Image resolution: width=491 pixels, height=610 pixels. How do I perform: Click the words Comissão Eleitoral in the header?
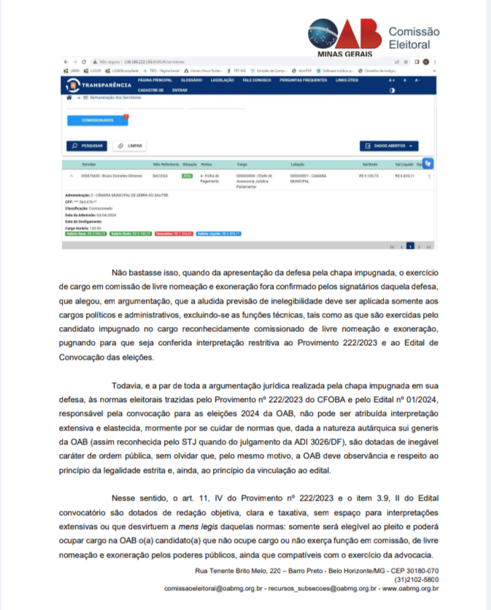(414, 38)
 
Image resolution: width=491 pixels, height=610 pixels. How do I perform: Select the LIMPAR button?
(131, 145)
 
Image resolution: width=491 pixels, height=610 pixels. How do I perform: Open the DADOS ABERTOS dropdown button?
(390, 145)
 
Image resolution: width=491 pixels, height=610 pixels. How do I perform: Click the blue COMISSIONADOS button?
(97, 120)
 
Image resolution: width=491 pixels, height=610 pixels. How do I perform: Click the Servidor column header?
(89, 166)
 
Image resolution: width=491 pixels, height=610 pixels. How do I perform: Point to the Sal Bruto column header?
(368, 166)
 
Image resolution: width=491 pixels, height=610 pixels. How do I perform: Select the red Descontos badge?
(172, 233)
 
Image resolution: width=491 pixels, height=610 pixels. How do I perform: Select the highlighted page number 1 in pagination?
(410, 247)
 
